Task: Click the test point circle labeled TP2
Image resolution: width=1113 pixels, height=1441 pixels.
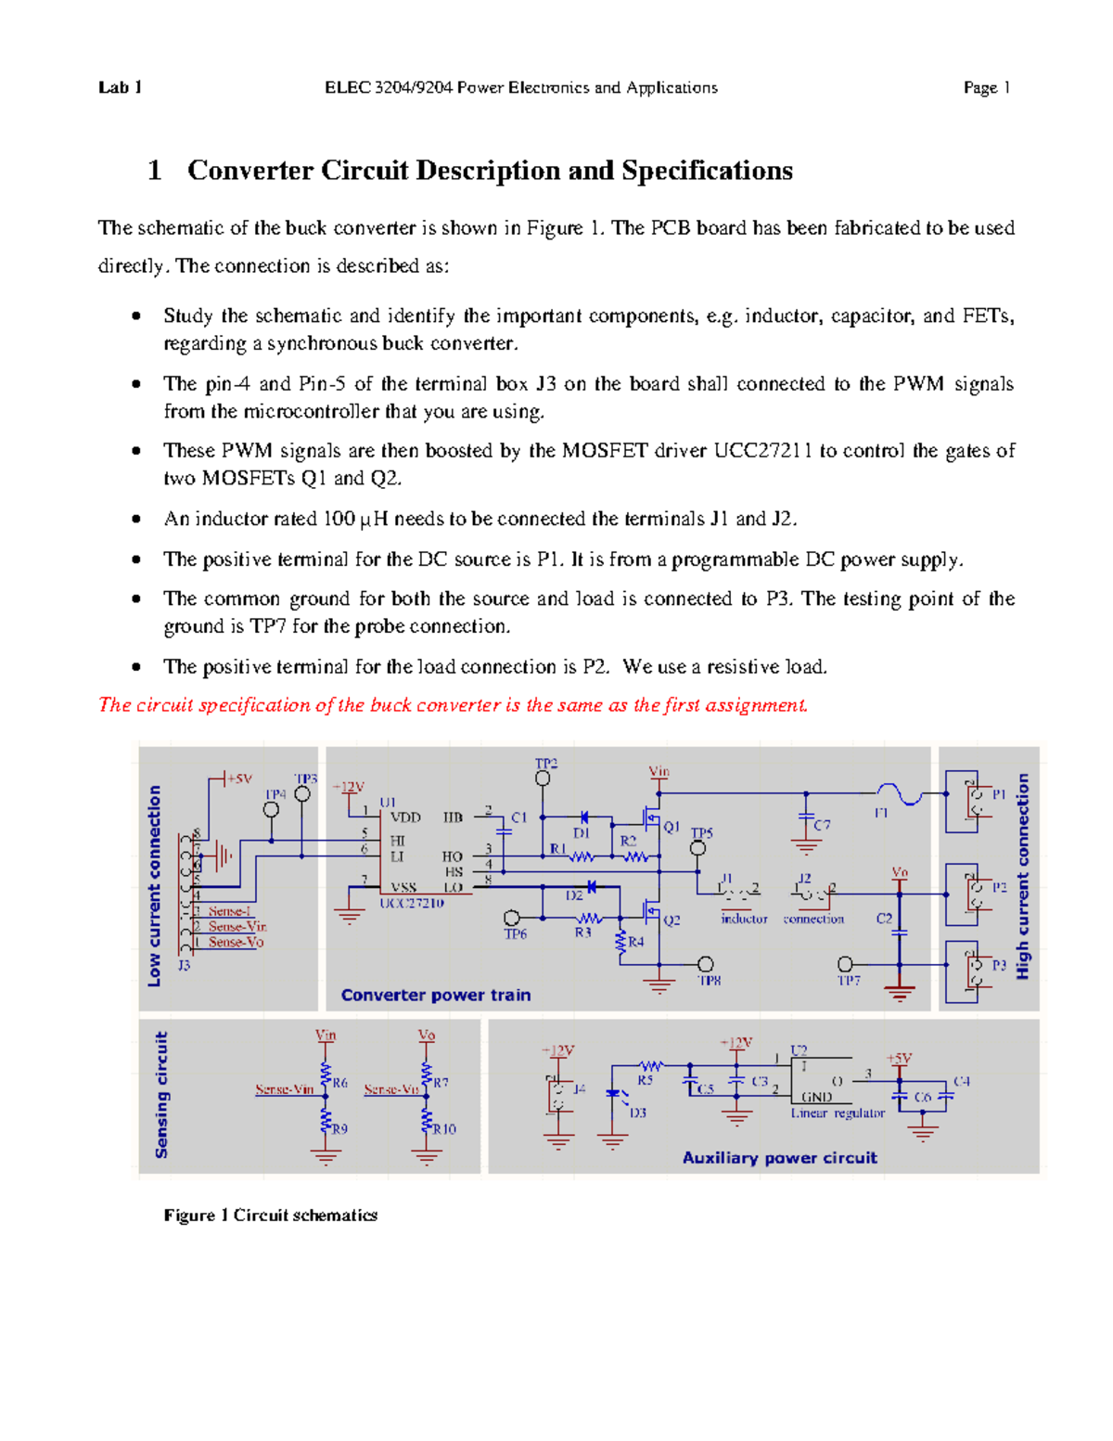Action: point(543,778)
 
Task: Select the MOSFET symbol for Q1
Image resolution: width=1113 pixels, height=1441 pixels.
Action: point(652,817)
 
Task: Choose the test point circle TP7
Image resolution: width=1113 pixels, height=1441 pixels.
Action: point(845,964)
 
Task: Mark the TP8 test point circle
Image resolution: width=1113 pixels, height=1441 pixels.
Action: point(706,964)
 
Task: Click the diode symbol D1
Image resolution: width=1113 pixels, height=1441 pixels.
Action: point(583,817)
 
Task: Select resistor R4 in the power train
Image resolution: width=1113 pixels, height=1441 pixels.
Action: point(620,942)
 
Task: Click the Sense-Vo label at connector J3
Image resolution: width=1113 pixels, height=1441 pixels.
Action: point(236,942)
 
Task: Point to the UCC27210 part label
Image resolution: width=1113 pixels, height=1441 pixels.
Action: point(412,903)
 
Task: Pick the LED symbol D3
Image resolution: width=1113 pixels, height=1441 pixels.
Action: point(613,1096)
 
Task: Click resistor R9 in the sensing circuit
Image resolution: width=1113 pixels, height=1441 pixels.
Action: point(326,1122)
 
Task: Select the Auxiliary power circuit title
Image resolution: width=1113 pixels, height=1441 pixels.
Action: point(779,1157)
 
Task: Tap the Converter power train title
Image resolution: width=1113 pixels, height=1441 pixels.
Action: point(436,995)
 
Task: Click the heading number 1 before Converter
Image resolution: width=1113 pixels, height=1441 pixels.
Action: point(154,171)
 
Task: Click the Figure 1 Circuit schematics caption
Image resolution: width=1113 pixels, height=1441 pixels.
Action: point(271,1215)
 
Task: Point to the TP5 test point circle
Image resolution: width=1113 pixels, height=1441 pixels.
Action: point(698,848)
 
